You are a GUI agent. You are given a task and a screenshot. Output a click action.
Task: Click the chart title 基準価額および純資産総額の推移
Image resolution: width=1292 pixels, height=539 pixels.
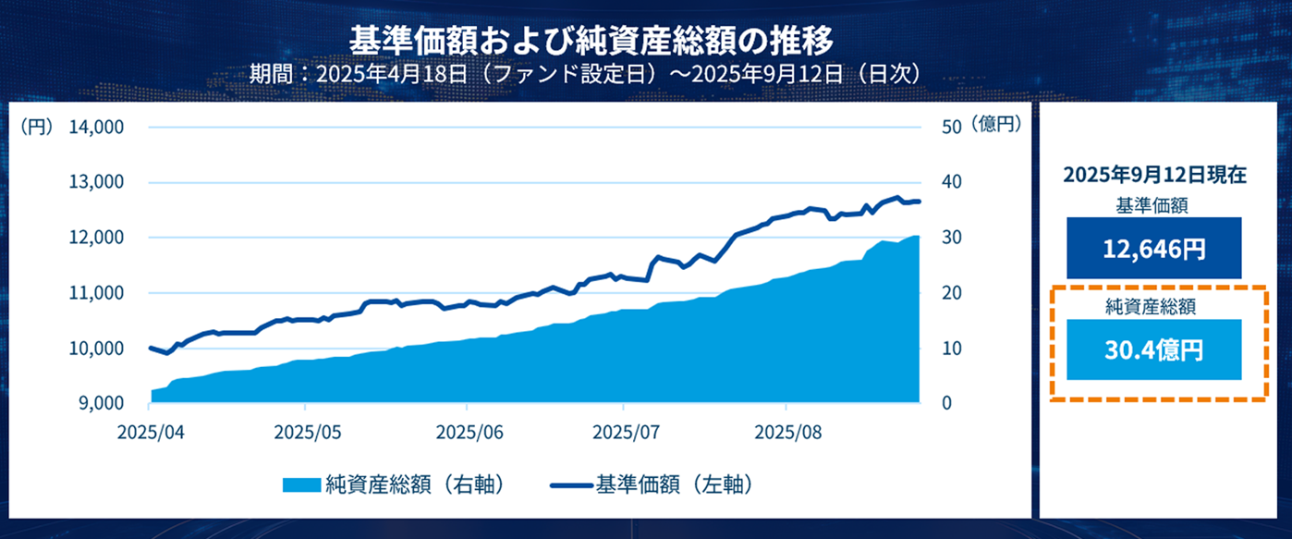(591, 41)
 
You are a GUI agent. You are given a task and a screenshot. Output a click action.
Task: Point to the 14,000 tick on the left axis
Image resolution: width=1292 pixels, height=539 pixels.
(96, 127)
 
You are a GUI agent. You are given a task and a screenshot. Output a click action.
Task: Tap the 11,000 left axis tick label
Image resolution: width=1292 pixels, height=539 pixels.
(96, 293)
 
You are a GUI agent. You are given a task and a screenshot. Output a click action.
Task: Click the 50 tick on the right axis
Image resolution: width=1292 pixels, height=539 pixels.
(952, 127)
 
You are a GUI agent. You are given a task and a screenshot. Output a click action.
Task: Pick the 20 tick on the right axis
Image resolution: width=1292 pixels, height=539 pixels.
(952, 293)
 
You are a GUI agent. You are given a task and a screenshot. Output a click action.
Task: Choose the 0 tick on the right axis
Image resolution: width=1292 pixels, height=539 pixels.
(947, 404)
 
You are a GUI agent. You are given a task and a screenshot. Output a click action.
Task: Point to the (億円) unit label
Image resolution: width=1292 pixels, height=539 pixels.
(996, 125)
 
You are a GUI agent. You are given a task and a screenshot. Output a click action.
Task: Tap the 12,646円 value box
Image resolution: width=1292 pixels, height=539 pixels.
(1154, 249)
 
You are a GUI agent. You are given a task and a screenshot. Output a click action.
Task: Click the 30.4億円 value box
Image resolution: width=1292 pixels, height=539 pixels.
(1154, 349)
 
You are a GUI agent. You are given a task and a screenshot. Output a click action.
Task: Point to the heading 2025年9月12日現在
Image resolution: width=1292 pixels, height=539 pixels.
(1154, 175)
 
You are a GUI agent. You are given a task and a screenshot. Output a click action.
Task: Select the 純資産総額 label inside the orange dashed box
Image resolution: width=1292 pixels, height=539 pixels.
(1154, 305)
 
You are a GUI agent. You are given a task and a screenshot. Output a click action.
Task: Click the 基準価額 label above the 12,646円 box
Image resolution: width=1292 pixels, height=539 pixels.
(1154, 204)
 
